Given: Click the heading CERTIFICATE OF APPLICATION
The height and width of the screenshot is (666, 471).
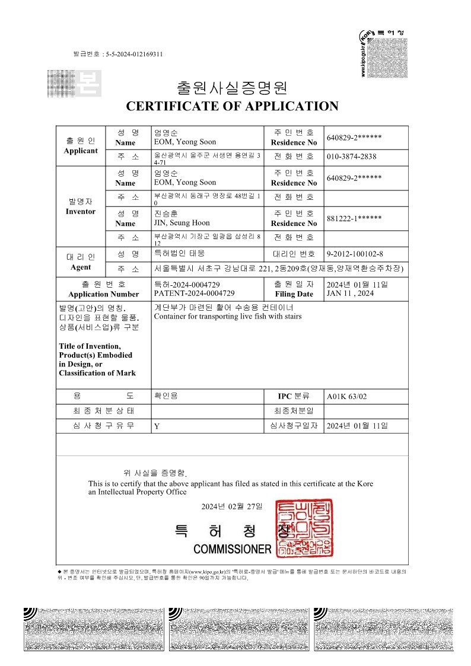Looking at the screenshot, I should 232,106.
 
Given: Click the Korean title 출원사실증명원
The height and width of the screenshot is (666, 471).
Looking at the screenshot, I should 232,88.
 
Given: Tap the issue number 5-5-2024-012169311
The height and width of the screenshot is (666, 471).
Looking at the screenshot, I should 134,55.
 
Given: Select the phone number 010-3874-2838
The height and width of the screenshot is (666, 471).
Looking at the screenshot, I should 352,157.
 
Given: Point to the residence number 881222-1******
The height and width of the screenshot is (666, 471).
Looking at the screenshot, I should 354,218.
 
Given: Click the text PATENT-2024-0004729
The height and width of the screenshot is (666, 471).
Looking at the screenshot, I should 194,293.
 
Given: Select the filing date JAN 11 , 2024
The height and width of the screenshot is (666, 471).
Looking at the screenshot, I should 350,293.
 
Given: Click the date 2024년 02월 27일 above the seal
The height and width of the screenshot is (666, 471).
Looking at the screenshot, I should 231,506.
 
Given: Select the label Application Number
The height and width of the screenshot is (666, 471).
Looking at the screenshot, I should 104,294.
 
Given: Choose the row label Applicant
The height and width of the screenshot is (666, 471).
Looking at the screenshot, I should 81,151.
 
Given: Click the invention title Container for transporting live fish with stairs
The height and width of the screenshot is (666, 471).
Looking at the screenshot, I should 227,316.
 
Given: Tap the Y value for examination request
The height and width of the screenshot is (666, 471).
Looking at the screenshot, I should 157,426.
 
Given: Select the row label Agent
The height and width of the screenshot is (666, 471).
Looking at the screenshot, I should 81,267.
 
